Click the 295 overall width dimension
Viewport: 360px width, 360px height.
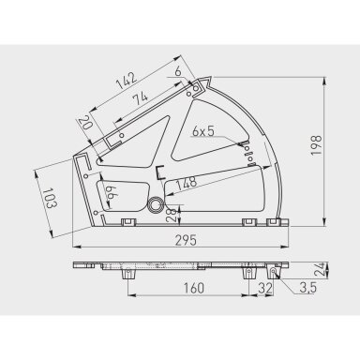pos(186,241)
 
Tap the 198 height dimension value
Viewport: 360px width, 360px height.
pos(316,145)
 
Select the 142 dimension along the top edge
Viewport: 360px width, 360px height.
pos(127,81)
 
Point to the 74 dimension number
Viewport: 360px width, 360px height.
pos(140,99)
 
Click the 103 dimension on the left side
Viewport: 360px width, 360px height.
pos(50,198)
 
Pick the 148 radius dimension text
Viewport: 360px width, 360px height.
pos(187,183)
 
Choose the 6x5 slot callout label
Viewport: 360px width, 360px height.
pos(203,131)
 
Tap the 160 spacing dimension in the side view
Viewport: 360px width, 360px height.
pos(193,288)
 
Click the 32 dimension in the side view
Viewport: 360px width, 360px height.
pos(265,288)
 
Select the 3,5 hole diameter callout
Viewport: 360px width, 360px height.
pos(308,288)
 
